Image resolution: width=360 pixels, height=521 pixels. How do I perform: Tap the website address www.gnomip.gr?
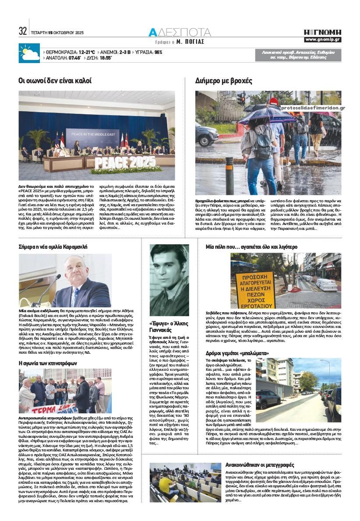(x=323, y=39)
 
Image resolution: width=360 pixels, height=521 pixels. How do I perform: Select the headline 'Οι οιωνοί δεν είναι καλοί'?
(x=55, y=81)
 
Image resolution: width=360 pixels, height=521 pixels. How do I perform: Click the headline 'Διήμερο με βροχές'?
(x=224, y=81)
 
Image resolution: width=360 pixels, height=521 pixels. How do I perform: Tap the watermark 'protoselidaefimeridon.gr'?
(x=313, y=108)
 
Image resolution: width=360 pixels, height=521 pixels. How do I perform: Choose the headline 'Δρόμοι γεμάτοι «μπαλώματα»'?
(x=237, y=353)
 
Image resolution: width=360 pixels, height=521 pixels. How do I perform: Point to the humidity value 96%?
(x=158, y=52)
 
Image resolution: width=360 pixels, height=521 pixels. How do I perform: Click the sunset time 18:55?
(x=106, y=58)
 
